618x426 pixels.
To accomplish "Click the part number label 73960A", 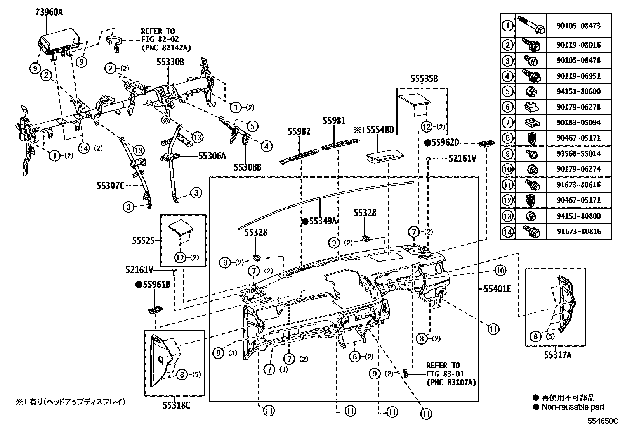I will pyautogui.click(x=49, y=12).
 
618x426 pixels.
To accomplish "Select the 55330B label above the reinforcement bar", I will pyautogui.click(x=170, y=62).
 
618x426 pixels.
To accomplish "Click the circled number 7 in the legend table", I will pyautogui.click(x=507, y=122).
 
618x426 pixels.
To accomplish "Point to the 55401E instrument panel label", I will pyautogui.click(x=497, y=288).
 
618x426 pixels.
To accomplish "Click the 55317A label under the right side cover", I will pyautogui.click(x=557, y=355).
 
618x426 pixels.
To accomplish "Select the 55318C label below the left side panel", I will pyautogui.click(x=176, y=405).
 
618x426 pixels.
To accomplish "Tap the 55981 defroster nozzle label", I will pyautogui.click(x=334, y=121).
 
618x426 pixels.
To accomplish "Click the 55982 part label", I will pyautogui.click(x=299, y=131).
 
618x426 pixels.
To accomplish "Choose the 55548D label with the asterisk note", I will pyautogui.click(x=380, y=130).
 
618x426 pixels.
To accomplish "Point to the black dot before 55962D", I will pyautogui.click(x=428, y=143).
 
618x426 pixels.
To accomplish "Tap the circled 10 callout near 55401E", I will pyautogui.click(x=500, y=270).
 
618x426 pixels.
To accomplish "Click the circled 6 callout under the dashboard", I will pyautogui.click(x=355, y=356).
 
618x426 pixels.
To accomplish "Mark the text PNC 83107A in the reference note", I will pyautogui.click(x=451, y=383).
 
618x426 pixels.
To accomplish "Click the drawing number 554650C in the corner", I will pyautogui.click(x=601, y=420).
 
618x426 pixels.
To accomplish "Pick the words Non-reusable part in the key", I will pyautogui.click(x=573, y=407).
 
